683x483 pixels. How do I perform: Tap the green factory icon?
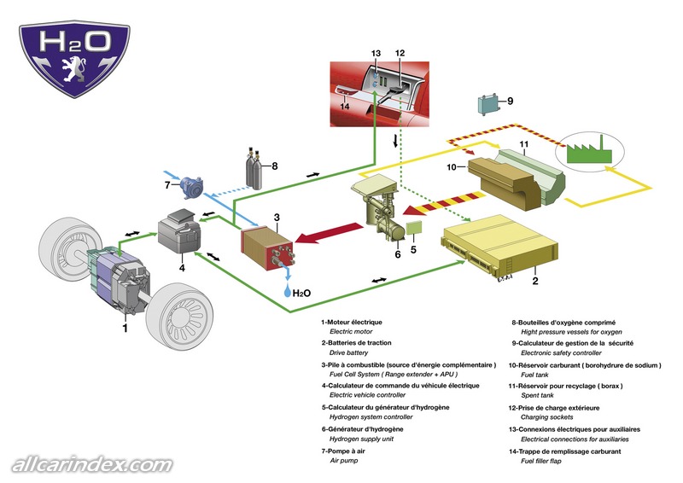coord(590,154)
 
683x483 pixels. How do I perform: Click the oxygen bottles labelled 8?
coord(254,171)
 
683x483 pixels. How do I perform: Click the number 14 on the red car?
coord(344,107)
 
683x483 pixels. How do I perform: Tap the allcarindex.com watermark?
coord(92,464)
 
